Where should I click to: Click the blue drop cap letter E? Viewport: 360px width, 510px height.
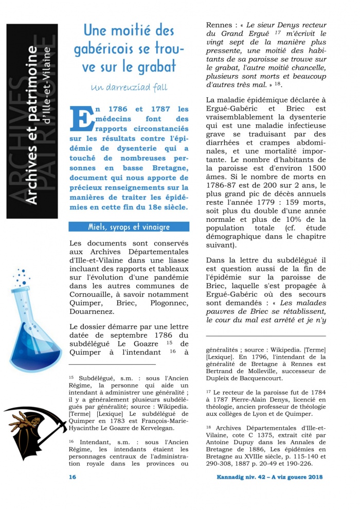click(83, 119)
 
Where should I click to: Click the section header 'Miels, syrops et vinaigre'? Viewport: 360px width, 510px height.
click(129, 227)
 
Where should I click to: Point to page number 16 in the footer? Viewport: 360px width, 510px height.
click(73, 477)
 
